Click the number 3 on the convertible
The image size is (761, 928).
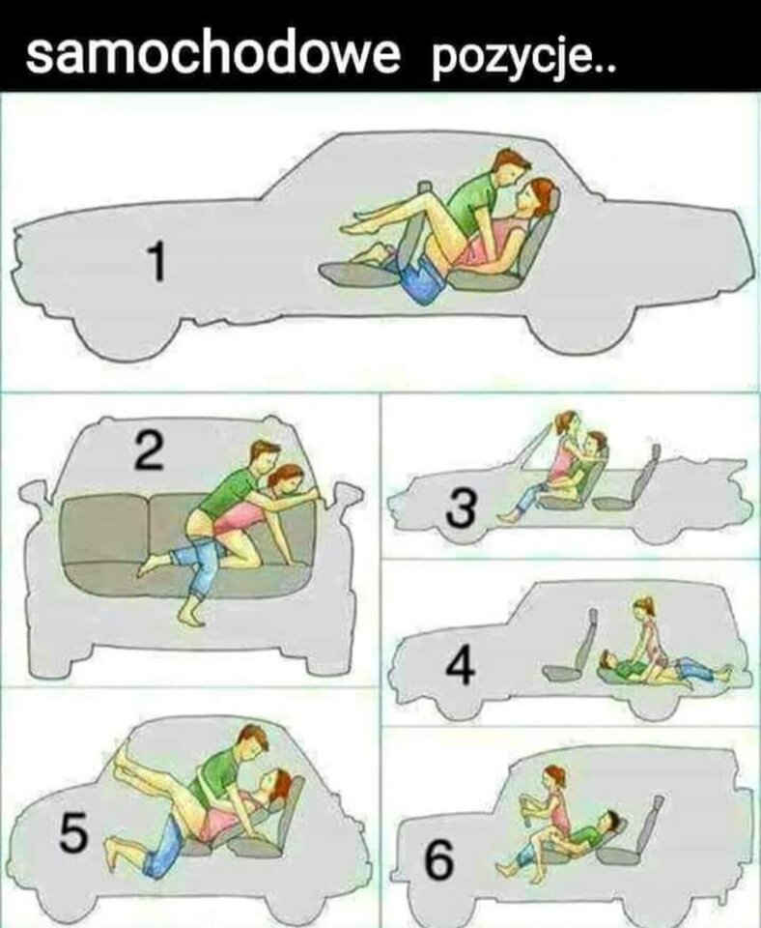point(461,507)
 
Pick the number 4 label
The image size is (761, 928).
point(460,665)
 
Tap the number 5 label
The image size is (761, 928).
point(73,833)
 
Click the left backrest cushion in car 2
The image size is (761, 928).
point(104,529)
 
